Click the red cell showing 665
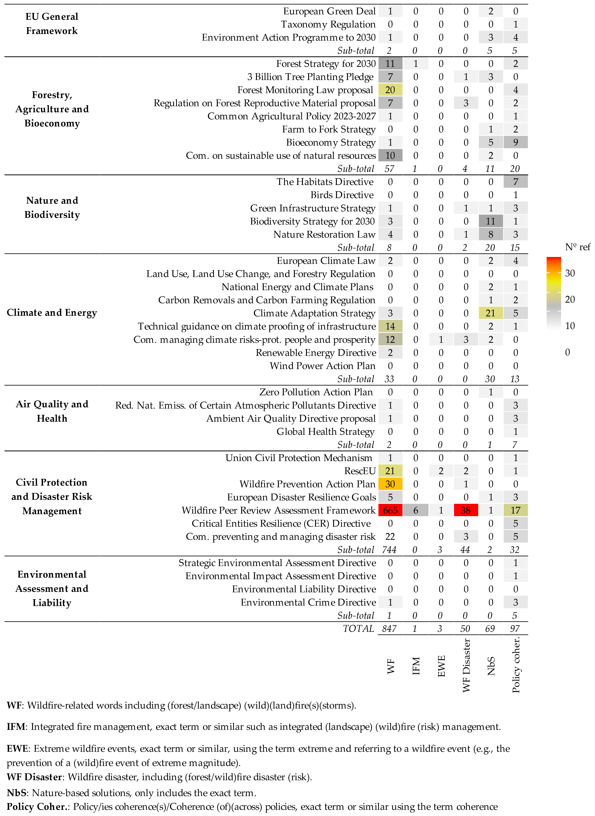coord(390,510)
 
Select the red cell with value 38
coord(466,510)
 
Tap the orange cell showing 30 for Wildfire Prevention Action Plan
coord(390,484)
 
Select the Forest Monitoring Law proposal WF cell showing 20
coord(390,90)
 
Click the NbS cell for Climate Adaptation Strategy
coord(491,313)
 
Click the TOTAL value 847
coord(389,629)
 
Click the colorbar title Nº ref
coord(577,247)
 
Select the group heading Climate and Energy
coord(52,313)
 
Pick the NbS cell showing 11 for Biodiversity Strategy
coord(491,221)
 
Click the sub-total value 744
coord(389,550)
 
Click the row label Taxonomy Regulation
coord(328,25)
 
